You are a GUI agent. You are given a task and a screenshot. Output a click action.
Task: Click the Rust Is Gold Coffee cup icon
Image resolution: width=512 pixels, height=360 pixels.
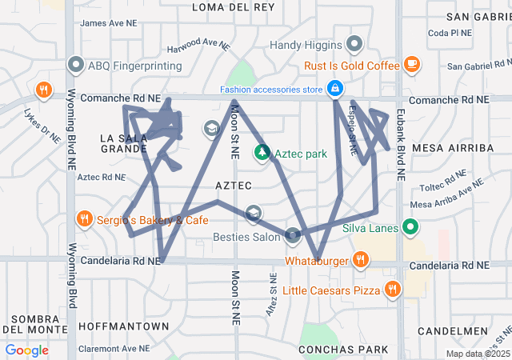click(412, 63)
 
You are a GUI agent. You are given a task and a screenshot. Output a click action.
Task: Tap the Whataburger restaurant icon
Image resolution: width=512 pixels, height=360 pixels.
click(361, 258)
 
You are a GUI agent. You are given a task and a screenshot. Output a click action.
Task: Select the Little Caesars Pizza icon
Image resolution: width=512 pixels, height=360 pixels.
click(391, 289)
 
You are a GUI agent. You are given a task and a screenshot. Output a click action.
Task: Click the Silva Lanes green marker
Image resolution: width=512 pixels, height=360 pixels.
click(411, 228)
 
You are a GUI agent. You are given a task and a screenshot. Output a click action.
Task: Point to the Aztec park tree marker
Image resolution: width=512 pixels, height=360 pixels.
click(262, 152)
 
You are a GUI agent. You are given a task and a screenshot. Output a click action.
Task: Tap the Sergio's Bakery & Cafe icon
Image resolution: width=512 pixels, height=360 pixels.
click(84, 218)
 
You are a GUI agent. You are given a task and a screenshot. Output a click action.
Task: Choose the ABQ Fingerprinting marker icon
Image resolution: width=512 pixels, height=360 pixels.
click(77, 63)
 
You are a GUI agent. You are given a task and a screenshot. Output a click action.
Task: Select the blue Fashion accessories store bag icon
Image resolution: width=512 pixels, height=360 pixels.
click(337, 88)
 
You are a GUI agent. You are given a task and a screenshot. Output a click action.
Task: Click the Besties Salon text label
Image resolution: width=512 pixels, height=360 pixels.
click(245, 237)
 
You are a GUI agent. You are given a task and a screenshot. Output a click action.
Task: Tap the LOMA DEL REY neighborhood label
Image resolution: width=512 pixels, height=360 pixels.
click(234, 6)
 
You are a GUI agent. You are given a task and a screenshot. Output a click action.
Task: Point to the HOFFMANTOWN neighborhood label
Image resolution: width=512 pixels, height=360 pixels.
click(123, 326)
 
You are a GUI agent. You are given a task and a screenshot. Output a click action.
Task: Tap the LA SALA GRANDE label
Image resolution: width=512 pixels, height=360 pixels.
click(122, 143)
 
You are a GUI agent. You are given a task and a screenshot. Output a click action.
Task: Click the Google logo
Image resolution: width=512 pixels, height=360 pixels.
click(27, 350)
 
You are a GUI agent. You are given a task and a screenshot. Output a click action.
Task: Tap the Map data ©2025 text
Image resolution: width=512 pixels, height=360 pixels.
click(477, 354)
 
